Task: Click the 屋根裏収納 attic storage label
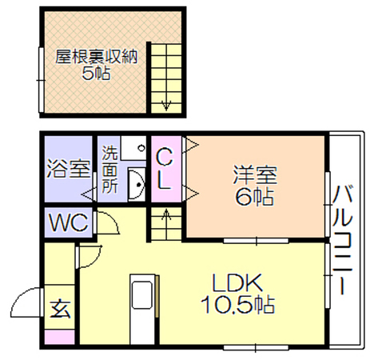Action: point(96,57)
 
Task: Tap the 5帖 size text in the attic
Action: point(96,73)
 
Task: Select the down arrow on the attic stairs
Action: point(166,106)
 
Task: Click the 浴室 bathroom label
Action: point(69,169)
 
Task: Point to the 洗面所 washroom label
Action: point(109,170)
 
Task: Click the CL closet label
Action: point(165,169)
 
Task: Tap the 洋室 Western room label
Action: point(255,174)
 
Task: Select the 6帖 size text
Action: point(254,197)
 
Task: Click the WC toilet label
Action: point(69,222)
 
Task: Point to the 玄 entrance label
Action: point(61,310)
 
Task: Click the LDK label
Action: point(237,283)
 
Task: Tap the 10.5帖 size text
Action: point(238,305)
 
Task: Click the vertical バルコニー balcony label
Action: point(343,240)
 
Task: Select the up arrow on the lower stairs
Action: point(166,215)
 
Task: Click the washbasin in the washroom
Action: point(137,184)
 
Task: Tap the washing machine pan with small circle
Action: point(133,148)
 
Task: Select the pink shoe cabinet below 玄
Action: point(59,337)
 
